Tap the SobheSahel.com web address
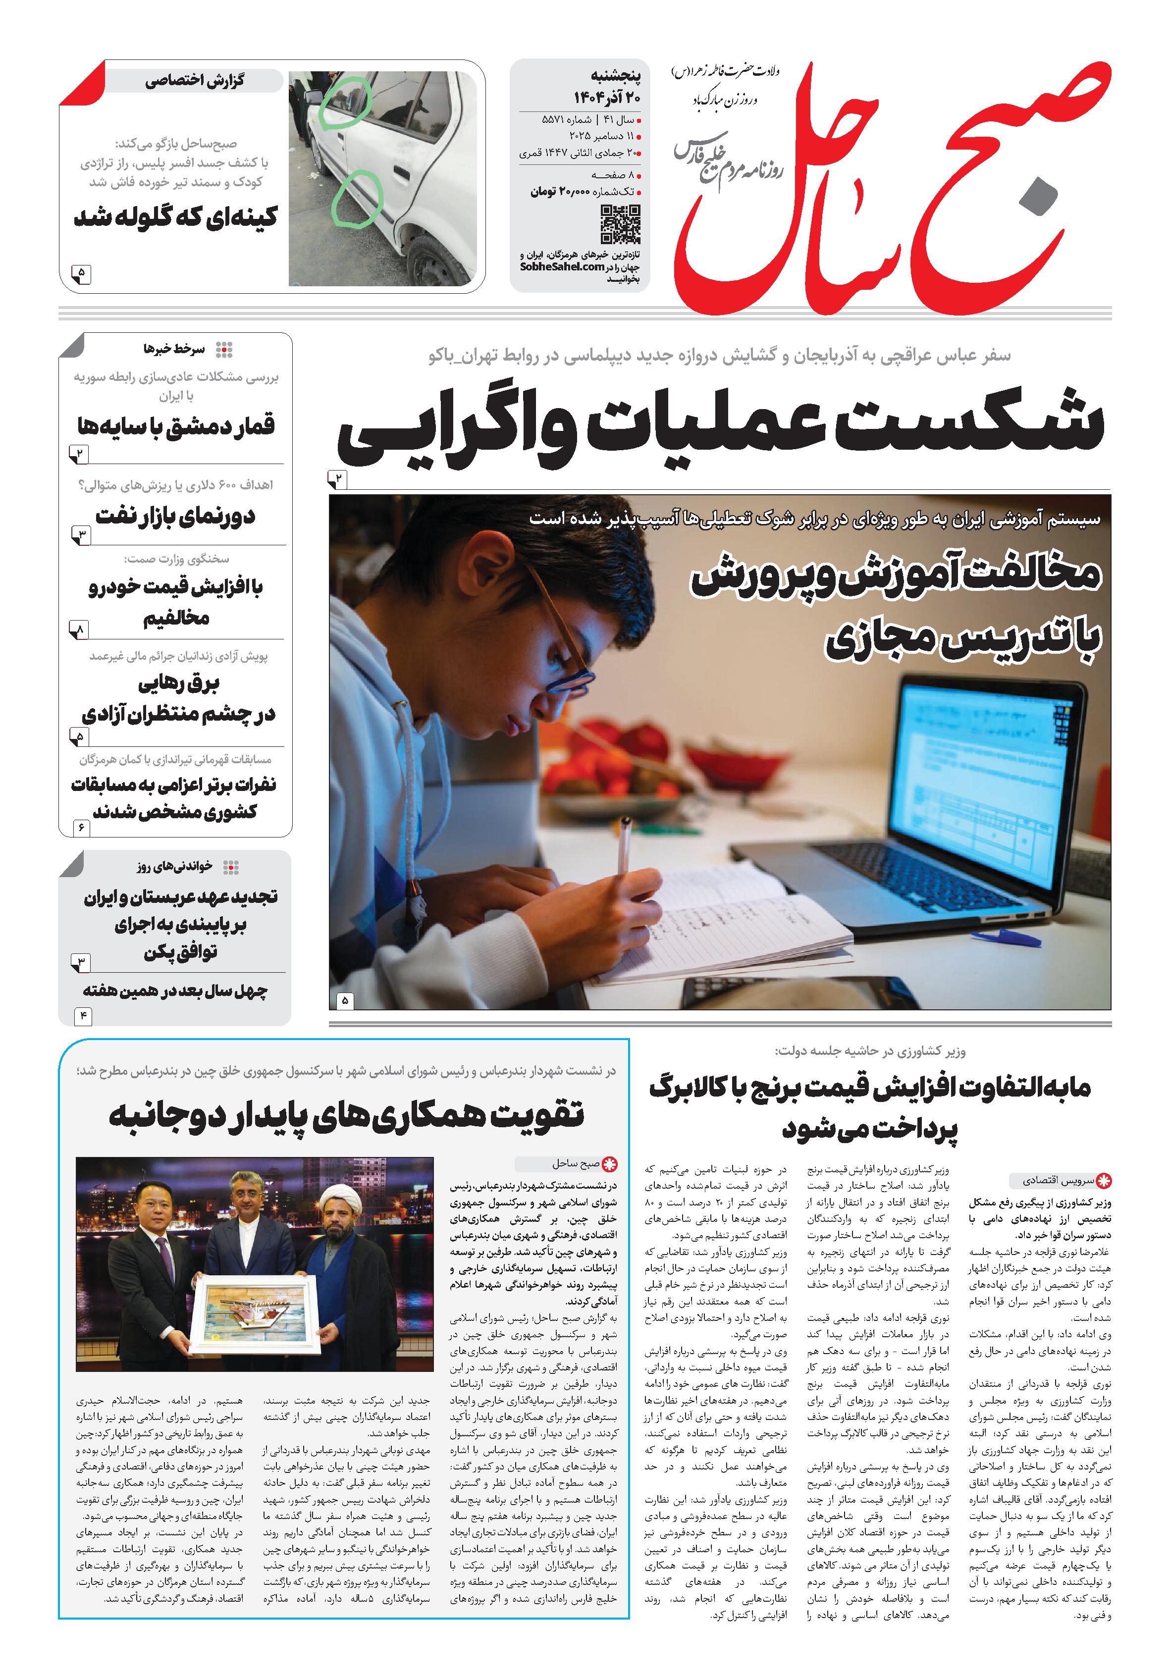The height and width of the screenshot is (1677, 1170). tap(562, 266)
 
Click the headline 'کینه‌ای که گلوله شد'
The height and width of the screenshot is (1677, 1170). tap(176, 217)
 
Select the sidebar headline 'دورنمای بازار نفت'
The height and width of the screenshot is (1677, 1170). tap(175, 517)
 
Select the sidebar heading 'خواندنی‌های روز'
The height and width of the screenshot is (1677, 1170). tap(175, 866)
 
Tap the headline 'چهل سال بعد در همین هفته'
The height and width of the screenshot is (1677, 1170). tap(175, 991)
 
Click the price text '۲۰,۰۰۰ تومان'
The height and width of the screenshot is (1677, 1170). tap(562, 191)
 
